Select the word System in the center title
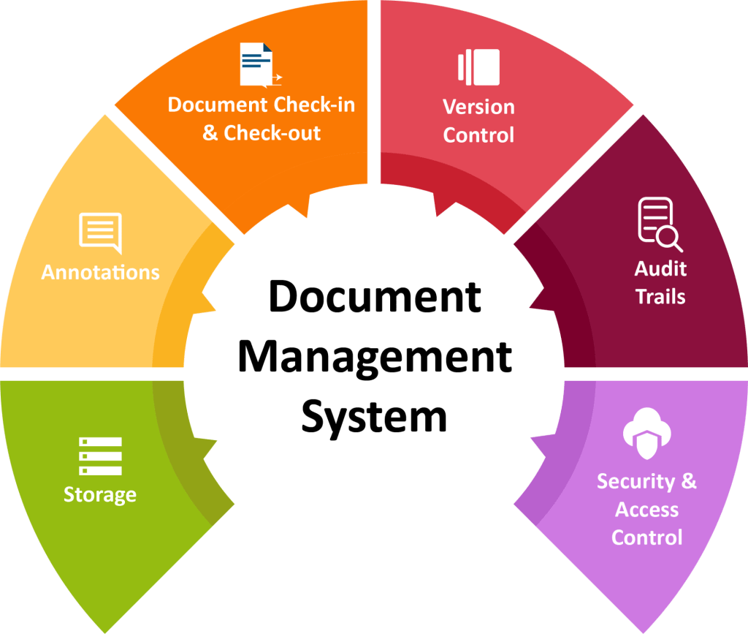[x=374, y=417]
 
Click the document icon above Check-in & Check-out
[x=259, y=65]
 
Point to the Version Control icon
[x=478, y=67]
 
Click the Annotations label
[x=100, y=273]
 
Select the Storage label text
[x=100, y=495]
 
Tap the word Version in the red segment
[x=478, y=107]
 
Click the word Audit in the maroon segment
[x=660, y=268]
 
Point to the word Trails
[x=660, y=296]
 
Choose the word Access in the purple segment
[x=646, y=510]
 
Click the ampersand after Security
[x=689, y=481]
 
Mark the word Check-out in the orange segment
[x=272, y=133]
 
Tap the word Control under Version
[x=478, y=135]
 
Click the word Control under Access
[x=646, y=537]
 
